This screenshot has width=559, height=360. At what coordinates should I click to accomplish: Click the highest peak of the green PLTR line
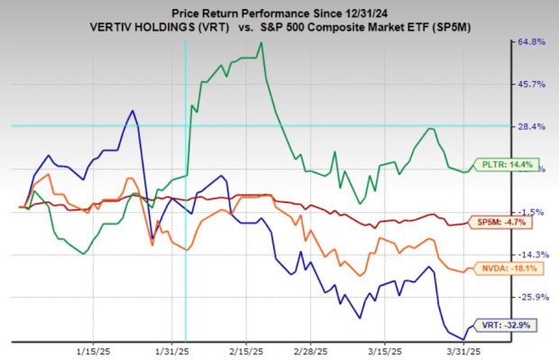pyautogui.click(x=261, y=42)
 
